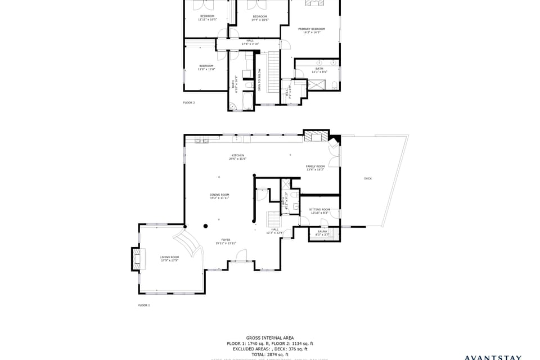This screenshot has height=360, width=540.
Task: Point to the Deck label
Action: tap(368, 178)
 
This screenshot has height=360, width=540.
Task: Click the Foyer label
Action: tap(226, 241)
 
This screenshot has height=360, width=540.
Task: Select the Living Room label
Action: tap(169, 258)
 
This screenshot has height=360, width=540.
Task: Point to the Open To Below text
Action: tap(259, 80)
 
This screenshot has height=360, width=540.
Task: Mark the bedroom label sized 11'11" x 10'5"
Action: tap(207, 17)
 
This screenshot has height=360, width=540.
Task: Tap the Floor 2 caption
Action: tap(189, 102)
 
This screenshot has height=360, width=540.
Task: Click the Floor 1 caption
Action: tap(144, 305)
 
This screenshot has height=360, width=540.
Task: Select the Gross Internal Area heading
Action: tap(269, 338)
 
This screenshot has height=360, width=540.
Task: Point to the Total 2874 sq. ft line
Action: tap(269, 354)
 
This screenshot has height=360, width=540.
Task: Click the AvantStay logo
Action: tap(493, 357)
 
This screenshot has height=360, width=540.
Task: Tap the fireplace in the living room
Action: tap(136, 258)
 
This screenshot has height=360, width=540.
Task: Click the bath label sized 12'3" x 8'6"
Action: tap(319, 70)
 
